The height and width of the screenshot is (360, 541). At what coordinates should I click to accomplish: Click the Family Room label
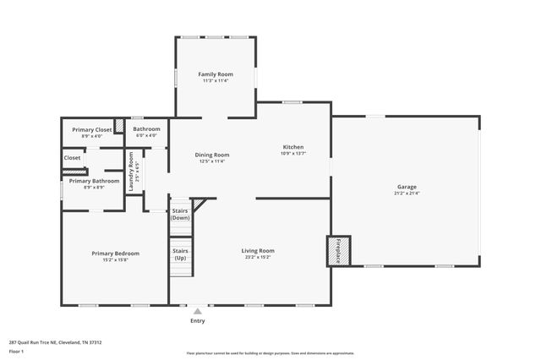point(216,74)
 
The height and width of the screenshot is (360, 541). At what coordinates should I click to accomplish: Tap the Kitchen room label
point(293,147)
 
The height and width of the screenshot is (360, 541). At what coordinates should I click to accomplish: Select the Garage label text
point(407,187)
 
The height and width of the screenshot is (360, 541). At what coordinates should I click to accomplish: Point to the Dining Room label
point(212,155)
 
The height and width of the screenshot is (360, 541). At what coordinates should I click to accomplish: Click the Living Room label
point(257,250)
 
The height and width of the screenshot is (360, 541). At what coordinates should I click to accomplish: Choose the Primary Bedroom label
point(115,254)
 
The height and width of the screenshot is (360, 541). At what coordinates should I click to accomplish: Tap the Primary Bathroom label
point(94,181)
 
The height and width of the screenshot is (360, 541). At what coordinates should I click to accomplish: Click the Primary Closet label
point(91,129)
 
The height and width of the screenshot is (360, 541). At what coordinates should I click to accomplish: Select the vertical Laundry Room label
point(131,169)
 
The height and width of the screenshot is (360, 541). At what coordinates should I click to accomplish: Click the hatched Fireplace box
point(339,250)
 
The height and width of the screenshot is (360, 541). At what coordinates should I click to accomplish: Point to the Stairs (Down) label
point(180,214)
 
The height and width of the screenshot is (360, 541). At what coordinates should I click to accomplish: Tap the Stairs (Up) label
point(180,254)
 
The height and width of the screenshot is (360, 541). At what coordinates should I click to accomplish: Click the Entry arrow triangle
point(198,311)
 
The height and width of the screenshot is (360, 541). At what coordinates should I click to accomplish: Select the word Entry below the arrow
point(198,320)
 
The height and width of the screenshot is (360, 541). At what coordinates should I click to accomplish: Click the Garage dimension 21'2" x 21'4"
point(407,194)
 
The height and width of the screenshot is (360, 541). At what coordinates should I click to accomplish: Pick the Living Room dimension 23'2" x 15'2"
point(257,257)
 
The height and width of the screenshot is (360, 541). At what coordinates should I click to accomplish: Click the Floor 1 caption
point(16,351)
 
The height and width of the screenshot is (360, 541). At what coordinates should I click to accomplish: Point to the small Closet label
point(73,157)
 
